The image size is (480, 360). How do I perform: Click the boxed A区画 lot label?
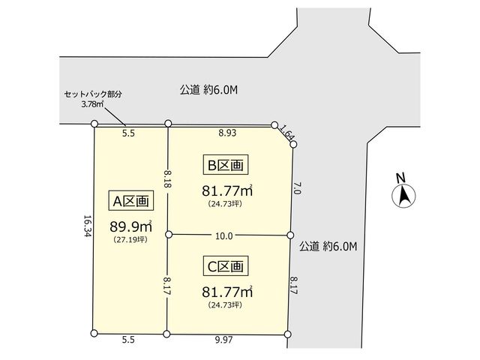[x=131, y=200]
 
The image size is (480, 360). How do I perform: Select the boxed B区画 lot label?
[x=226, y=165]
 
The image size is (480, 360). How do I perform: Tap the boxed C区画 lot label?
[x=226, y=266]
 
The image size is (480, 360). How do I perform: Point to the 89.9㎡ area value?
[x=131, y=226]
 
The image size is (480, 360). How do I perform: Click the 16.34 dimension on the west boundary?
[x=88, y=226]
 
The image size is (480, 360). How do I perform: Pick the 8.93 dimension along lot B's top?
[x=227, y=133]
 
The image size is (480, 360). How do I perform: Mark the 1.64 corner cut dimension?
[x=286, y=134]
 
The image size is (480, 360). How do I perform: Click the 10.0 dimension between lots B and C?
[x=224, y=236]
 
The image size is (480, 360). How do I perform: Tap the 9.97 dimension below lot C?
[x=223, y=340]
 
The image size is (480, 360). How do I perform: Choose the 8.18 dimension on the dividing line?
[x=168, y=179]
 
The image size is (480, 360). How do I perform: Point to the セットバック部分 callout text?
[x=93, y=94]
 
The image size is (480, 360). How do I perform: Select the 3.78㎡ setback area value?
[x=92, y=104]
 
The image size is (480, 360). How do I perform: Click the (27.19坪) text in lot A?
[x=130, y=240]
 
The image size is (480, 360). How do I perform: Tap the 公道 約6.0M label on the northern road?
[x=208, y=90]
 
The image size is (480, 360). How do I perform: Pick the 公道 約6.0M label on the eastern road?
[x=328, y=246]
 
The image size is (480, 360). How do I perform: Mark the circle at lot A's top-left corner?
[x=94, y=124]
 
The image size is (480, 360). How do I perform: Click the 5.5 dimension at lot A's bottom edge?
[x=128, y=340]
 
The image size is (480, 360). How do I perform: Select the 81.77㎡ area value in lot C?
[x=227, y=292]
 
